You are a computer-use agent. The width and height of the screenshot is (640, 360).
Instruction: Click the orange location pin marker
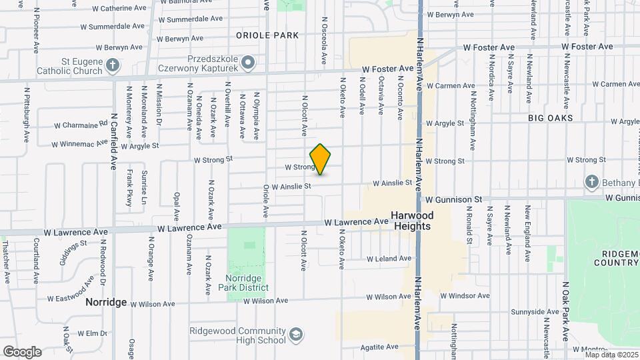click(x=320, y=159)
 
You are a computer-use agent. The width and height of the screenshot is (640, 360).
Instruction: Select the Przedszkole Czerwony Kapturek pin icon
click(x=248, y=63)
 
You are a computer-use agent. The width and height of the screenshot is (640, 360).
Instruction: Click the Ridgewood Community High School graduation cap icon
click(x=295, y=333)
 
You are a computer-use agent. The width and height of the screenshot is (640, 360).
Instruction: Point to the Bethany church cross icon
click(x=591, y=181)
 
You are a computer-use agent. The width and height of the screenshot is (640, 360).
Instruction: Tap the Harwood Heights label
click(x=411, y=221)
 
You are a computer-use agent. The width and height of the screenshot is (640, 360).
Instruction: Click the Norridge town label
click(x=106, y=302)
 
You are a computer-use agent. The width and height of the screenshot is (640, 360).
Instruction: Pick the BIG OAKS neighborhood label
click(x=550, y=117)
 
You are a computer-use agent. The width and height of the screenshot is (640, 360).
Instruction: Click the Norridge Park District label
click(x=243, y=283)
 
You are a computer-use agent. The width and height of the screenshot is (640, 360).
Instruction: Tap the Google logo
click(x=21, y=351)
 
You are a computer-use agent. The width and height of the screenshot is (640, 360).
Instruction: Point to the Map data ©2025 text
click(x=612, y=355)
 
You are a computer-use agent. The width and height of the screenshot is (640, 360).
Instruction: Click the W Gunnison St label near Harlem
click(x=454, y=199)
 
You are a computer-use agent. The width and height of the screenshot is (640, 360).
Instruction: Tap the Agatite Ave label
click(x=379, y=347)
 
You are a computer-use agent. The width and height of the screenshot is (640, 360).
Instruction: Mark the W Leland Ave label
click(x=389, y=259)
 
